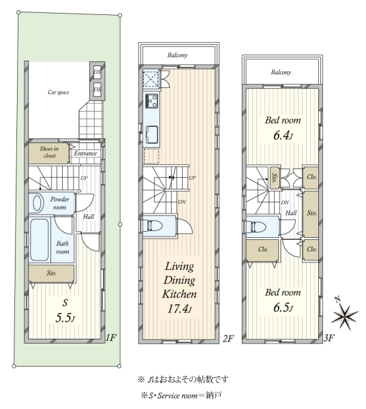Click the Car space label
[59, 92]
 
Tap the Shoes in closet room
[48, 153]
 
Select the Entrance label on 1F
[85, 153]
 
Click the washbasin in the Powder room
[38, 203]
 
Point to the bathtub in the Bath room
[39, 240]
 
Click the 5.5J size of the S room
[65, 318]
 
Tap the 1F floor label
[111, 338]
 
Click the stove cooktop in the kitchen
[152, 101]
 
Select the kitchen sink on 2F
[151, 134]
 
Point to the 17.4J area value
[180, 309]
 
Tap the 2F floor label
[228, 338]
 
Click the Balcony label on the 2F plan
[177, 55]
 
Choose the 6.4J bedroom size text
[283, 136]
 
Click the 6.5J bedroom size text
[283, 308]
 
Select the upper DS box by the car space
[97, 71]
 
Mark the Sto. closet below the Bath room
[51, 273]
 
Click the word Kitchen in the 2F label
[179, 294]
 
